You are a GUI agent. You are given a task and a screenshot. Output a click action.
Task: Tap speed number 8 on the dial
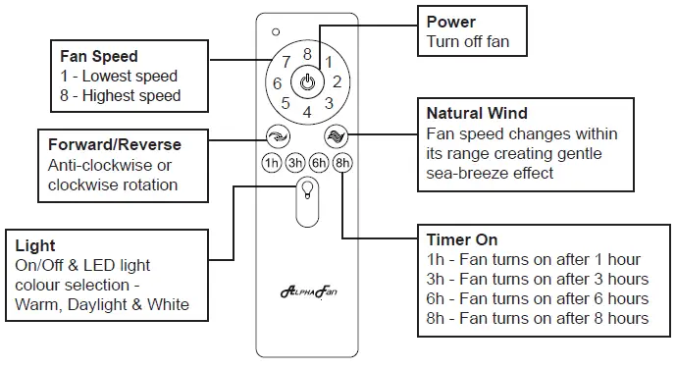(x=307, y=55)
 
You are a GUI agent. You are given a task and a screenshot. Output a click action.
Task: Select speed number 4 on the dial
(x=307, y=112)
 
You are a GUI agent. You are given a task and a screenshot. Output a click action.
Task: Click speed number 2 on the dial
(x=336, y=82)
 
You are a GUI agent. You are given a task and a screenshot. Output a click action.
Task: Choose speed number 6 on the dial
(x=278, y=83)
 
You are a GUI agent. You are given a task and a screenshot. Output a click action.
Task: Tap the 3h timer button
(x=295, y=163)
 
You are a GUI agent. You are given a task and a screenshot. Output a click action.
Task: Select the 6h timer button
(x=319, y=163)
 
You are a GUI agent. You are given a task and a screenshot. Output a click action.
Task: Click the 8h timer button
(x=341, y=163)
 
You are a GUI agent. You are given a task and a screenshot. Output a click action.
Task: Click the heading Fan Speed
(x=99, y=57)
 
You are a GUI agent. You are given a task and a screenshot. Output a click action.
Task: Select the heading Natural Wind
(x=477, y=114)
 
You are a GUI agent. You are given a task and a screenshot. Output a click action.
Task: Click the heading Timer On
(x=461, y=240)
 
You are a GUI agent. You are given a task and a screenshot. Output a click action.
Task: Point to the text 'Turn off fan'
(x=468, y=42)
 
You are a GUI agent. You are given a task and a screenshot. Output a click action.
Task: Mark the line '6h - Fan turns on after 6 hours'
(x=537, y=298)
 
